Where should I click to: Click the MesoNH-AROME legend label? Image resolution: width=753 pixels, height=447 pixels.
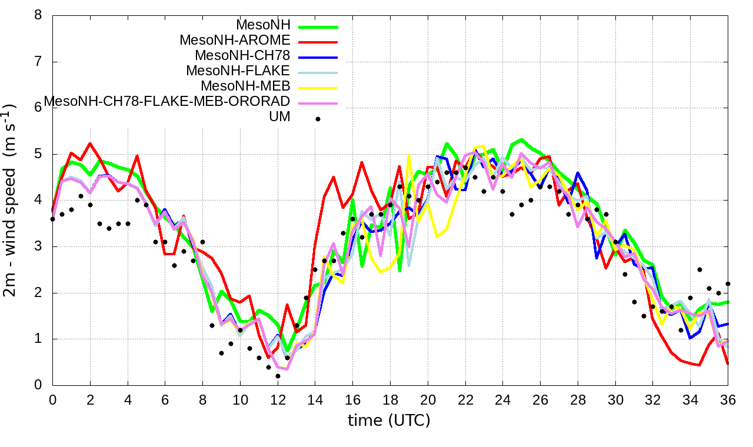tap(235, 41)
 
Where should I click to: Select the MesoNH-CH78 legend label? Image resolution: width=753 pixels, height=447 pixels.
tap(242, 56)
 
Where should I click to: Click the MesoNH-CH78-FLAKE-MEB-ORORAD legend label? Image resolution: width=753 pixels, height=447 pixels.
tap(167, 102)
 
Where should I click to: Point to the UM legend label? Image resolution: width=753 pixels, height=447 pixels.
tap(279, 117)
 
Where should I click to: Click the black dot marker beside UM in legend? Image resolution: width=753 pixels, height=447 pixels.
tap(318, 119)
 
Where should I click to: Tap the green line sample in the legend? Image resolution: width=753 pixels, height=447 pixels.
tap(318, 27)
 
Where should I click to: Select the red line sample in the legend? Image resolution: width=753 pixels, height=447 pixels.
tap(318, 42)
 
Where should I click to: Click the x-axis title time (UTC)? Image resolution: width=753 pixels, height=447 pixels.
tap(389, 421)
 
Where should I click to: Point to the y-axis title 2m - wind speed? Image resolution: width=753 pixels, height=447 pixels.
tap(10, 200)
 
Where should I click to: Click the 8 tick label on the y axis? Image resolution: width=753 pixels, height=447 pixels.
tap(38, 15)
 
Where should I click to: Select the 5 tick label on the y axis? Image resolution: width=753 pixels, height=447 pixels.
tap(38, 154)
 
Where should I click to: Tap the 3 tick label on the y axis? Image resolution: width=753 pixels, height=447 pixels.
tap(38, 246)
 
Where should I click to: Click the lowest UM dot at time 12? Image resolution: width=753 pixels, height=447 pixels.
tap(278, 376)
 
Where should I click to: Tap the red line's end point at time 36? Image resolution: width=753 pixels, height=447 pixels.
tap(728, 364)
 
